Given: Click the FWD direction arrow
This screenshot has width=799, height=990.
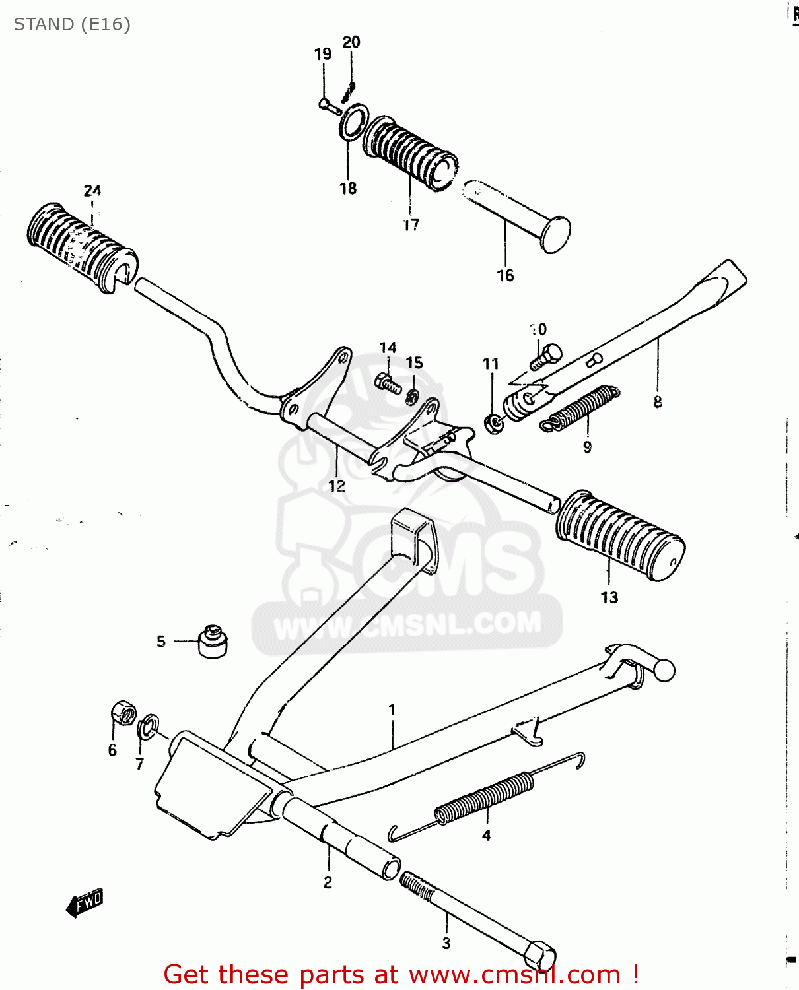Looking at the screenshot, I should [85, 902].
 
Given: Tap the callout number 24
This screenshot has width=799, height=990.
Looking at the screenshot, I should [92, 191].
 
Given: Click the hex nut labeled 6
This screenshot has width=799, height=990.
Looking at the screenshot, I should [123, 713].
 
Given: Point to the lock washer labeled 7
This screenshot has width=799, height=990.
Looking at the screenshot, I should [149, 726].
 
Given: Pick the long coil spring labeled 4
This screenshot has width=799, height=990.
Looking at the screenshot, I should [485, 797].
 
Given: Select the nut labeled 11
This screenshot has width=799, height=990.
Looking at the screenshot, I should [493, 423].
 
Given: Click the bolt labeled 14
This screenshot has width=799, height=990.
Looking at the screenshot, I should [388, 383].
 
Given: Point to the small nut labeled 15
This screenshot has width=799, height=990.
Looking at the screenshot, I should [412, 396].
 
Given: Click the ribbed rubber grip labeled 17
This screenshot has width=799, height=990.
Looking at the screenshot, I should [409, 153].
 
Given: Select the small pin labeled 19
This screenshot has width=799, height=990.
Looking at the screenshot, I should [328, 105].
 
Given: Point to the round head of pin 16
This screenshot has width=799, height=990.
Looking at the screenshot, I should [555, 234].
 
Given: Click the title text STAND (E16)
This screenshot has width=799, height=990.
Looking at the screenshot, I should [72, 24].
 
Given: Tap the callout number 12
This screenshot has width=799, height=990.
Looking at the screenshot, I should [337, 486].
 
